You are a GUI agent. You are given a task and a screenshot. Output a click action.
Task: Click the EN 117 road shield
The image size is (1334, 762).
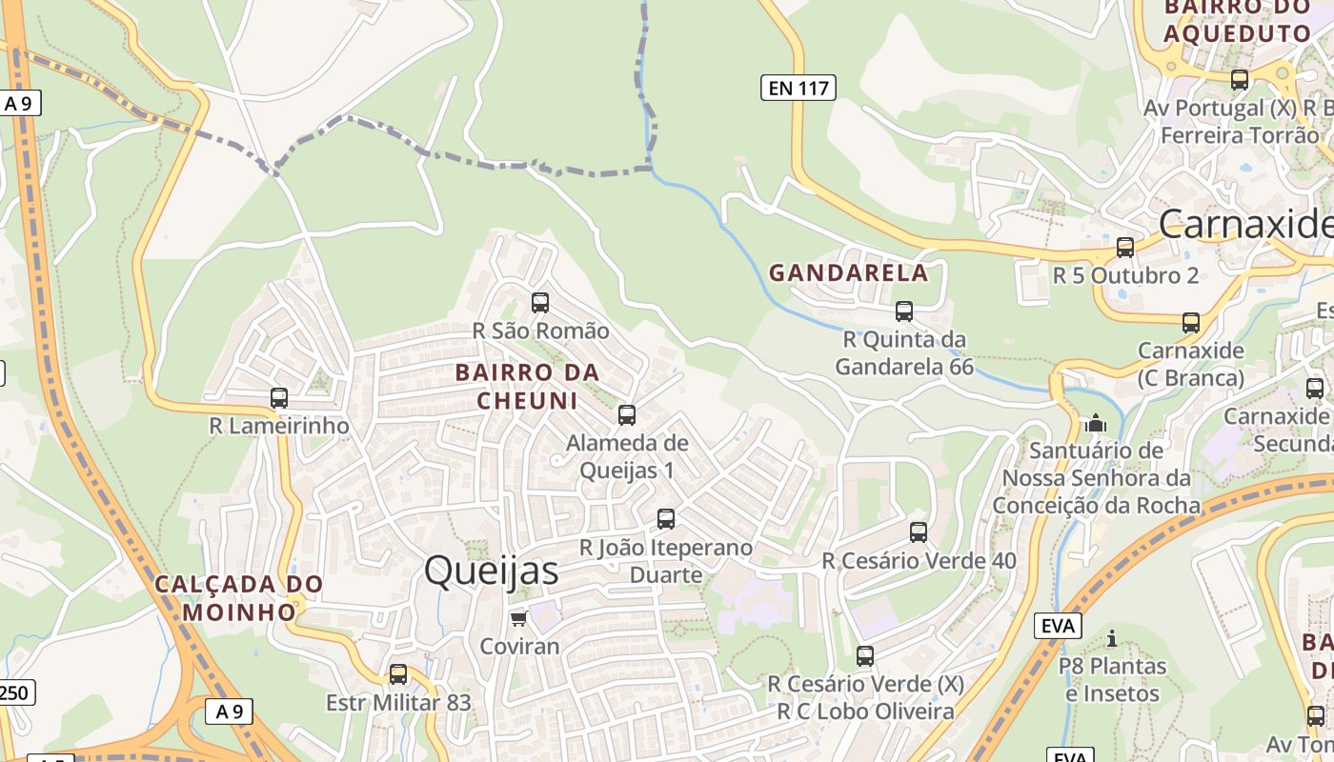[798, 89]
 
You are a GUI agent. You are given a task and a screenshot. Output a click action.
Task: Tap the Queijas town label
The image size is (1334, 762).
[491, 571]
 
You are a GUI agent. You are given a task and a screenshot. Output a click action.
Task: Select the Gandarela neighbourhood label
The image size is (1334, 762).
[848, 273]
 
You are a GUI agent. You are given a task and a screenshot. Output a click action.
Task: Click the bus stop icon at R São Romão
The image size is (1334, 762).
[540, 303]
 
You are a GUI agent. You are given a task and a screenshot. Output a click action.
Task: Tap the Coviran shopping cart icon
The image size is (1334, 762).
[518, 619]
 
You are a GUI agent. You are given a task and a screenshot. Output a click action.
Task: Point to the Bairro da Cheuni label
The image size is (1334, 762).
[527, 386]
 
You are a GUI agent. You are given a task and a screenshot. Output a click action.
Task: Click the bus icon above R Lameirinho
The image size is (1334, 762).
[279, 398]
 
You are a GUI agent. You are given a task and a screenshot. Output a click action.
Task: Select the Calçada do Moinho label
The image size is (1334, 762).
[239, 597]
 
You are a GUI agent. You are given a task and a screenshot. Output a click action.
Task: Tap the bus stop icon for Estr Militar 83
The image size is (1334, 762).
[398, 674]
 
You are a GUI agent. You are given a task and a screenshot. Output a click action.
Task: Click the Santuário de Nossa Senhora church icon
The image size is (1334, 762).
[1096, 422]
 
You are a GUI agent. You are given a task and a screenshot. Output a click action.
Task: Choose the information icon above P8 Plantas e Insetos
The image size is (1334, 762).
[1111, 638]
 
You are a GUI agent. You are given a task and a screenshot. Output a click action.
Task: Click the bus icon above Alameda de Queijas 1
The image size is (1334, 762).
[627, 415]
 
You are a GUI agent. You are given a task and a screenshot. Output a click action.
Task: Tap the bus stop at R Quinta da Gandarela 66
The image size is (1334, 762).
[904, 311]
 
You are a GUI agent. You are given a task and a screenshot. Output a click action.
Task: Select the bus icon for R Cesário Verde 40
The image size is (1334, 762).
[919, 532]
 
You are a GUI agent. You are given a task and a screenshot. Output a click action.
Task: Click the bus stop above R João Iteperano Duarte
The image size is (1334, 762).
[666, 519]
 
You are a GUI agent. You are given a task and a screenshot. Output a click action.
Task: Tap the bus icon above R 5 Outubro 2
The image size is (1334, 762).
[1125, 248]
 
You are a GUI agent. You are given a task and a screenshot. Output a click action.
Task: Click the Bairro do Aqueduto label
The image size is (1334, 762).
[1238, 21]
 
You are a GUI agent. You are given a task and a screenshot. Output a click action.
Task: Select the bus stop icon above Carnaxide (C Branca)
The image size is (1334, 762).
[1191, 323]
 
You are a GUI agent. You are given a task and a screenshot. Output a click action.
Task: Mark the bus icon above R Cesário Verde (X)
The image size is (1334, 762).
[865, 656]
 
